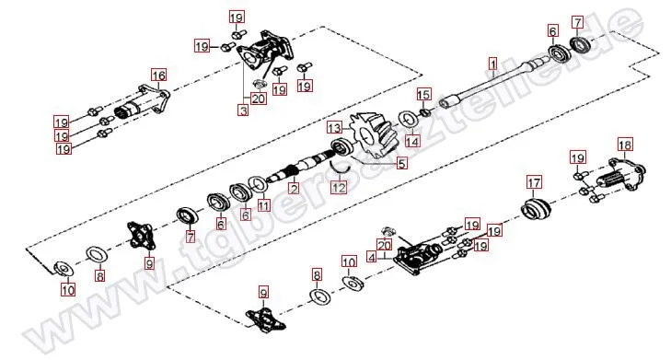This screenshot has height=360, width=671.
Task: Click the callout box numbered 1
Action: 493,64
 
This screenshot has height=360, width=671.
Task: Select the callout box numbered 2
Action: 294,188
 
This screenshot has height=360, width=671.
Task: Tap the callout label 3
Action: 243,110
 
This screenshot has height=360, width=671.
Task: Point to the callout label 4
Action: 372,257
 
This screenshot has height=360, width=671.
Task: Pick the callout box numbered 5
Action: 402,163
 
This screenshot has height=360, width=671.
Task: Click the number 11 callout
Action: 264,206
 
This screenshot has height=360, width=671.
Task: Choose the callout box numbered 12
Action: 340,187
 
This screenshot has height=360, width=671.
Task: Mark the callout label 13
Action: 335,128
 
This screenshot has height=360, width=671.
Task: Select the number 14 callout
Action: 412,140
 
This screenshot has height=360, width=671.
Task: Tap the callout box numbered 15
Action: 423,94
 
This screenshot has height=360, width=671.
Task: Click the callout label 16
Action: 158,75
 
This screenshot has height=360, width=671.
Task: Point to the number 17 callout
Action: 534,183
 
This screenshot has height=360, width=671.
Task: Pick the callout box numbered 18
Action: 625,145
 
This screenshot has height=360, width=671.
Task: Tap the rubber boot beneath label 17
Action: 537,209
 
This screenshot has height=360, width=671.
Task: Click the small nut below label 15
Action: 423,112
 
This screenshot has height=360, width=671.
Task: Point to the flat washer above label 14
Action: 409,120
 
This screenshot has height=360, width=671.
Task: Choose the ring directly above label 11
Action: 259,184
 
